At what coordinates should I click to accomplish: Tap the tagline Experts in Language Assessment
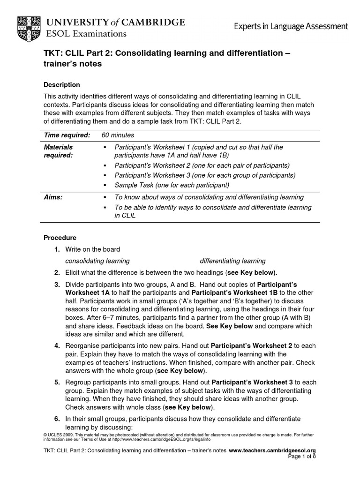tap(291, 26)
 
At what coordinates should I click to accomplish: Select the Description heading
tap(62, 85)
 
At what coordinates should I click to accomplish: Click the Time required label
tap(67, 135)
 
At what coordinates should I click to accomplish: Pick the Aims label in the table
tap(53, 197)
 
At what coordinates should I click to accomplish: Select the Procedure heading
tap(60, 238)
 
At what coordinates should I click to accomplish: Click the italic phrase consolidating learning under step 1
tap(97, 261)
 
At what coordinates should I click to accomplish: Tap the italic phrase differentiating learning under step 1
tap(232, 261)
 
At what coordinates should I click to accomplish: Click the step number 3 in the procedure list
tap(57, 285)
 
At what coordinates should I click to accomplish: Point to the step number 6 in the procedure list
tap(57, 418)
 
